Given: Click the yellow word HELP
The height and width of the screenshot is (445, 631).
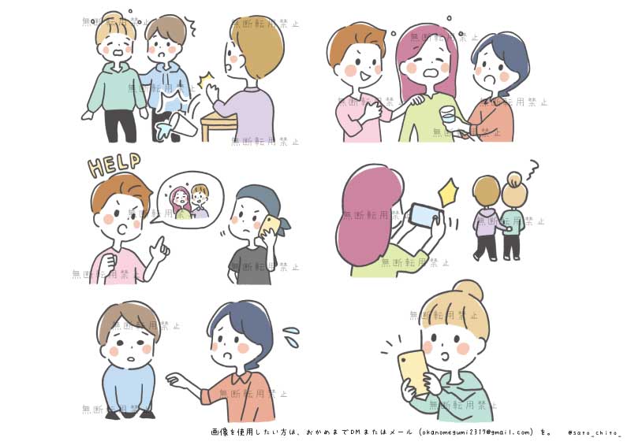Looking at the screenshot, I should click(x=115, y=165).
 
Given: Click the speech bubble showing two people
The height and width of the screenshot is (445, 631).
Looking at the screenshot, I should click(x=190, y=203).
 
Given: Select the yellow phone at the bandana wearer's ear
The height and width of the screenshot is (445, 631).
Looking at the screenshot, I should click(x=271, y=225).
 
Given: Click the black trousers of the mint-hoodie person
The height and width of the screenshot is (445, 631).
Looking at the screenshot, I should click(x=121, y=126).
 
